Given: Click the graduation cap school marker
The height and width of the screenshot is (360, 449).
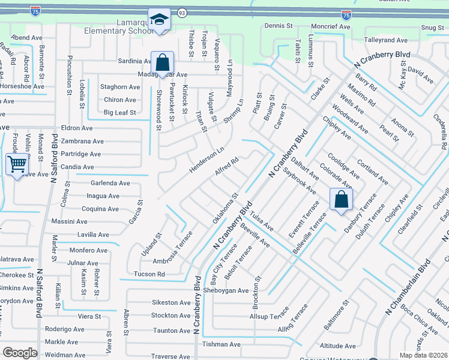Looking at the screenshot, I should [x=160, y=20].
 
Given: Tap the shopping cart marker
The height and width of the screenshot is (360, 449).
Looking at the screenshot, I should [x=17, y=164].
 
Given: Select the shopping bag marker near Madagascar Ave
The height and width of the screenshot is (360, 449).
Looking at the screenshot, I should [x=162, y=62].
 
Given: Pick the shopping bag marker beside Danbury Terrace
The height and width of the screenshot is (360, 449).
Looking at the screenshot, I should [x=341, y=200].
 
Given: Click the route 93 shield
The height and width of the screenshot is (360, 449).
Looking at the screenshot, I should [x=182, y=13].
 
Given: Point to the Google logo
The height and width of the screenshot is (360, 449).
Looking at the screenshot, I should [x=20, y=353].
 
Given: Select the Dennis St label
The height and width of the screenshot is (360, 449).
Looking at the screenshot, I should [x=278, y=26].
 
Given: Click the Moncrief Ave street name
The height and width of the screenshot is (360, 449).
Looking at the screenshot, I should [x=330, y=27].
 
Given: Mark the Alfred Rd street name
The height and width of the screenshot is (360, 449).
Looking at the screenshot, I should [x=227, y=167].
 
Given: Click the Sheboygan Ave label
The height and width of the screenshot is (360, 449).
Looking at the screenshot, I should [x=225, y=290].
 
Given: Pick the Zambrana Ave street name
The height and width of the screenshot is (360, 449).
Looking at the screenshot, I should [x=83, y=141].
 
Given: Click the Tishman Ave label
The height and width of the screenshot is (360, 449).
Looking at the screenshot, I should [x=221, y=344].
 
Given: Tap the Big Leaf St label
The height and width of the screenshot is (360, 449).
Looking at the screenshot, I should [x=120, y=112].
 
